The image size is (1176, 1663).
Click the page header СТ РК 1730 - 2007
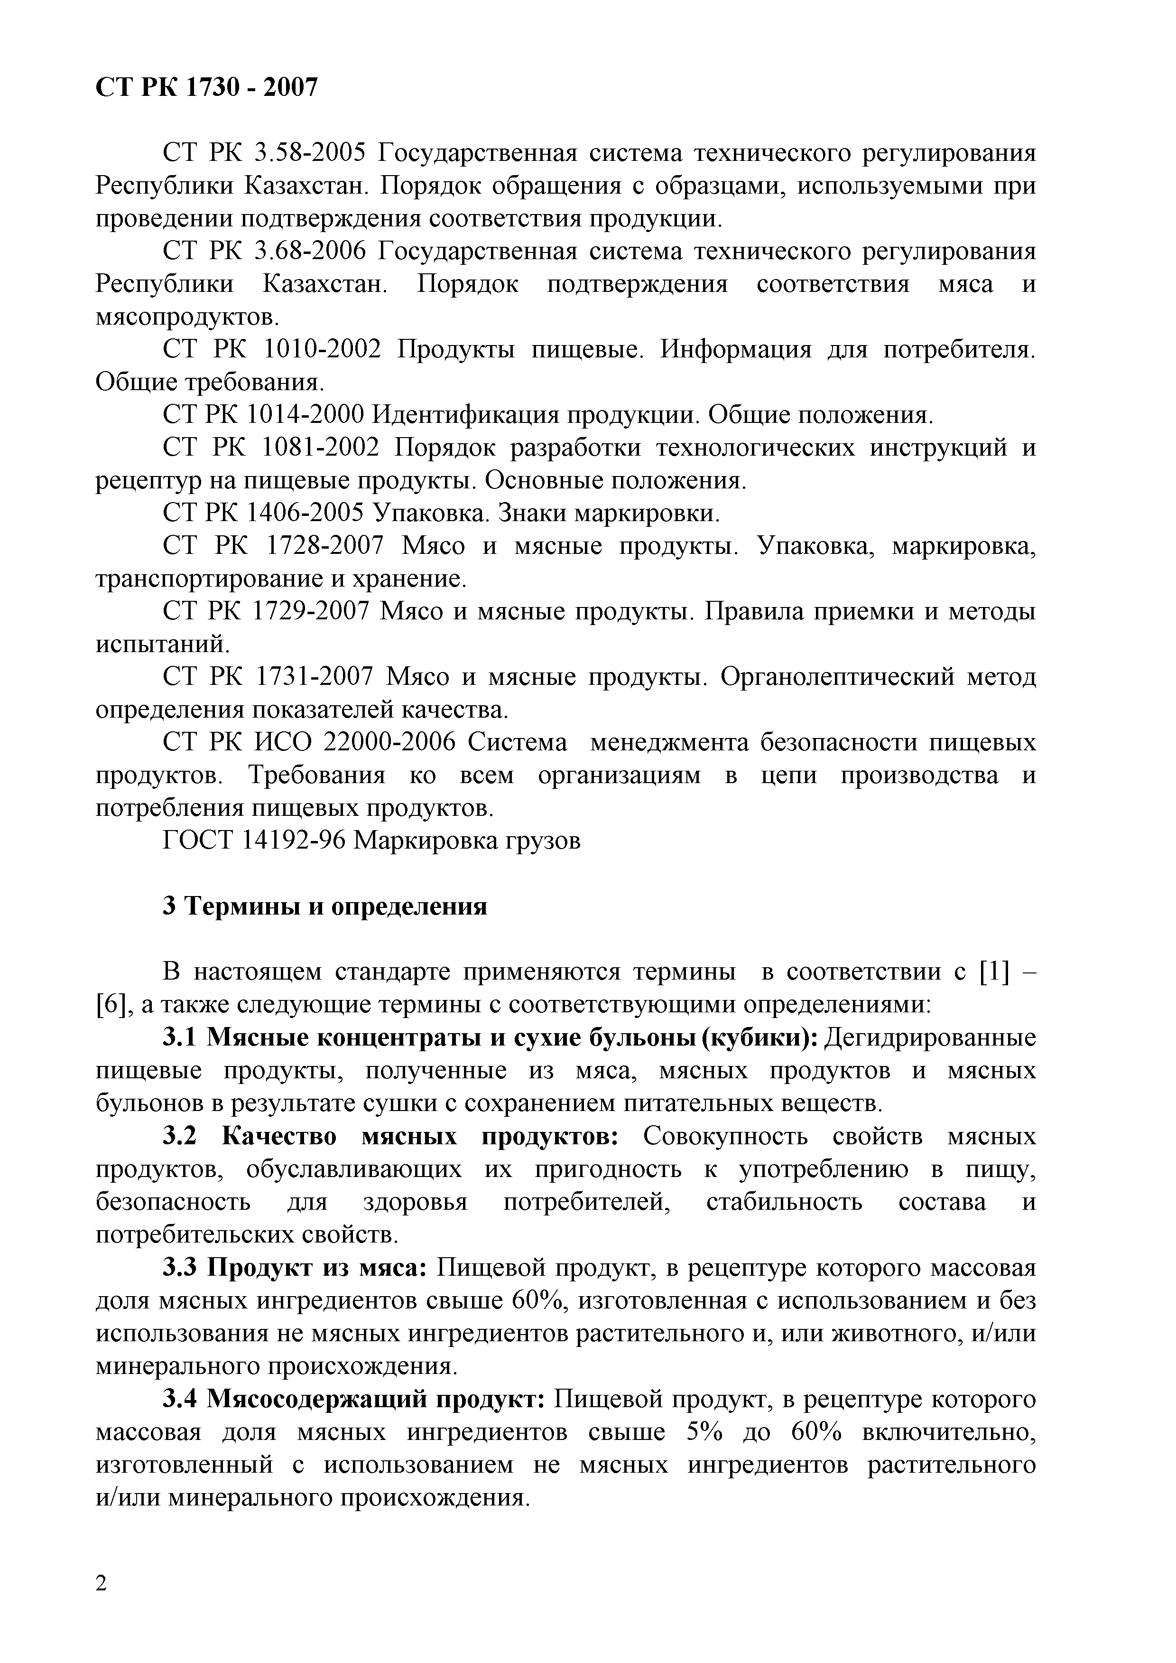coord(206,88)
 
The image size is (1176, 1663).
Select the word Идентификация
coord(463,415)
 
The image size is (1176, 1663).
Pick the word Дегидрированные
coord(931,1037)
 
